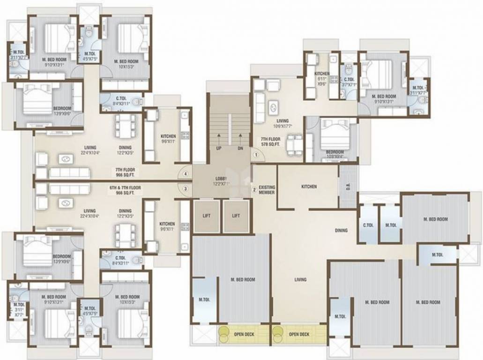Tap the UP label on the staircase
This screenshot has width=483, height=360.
click(x=218, y=148)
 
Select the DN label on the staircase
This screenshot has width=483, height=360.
click(x=240, y=148)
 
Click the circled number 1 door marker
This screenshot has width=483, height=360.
click(x=256, y=155)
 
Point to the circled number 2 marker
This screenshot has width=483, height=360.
click(x=254, y=190)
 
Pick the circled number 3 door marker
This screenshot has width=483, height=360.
click(x=186, y=189)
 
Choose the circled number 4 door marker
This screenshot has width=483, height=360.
click(x=186, y=174)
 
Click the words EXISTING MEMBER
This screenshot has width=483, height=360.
click(x=267, y=190)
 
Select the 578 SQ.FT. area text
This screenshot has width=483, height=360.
click(x=271, y=145)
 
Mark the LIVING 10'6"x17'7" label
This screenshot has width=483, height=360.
click(x=282, y=123)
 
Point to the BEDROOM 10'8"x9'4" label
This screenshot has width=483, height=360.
click(x=335, y=154)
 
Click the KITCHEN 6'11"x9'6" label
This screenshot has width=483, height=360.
click(x=322, y=76)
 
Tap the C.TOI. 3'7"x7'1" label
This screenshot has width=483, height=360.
click(x=349, y=82)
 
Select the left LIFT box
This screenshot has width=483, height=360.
click(x=206, y=216)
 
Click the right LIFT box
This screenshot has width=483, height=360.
click(x=236, y=216)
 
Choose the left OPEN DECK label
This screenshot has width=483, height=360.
click(x=244, y=334)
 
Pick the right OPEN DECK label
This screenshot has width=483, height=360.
click(x=299, y=334)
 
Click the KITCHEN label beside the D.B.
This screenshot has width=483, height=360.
click(x=309, y=187)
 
